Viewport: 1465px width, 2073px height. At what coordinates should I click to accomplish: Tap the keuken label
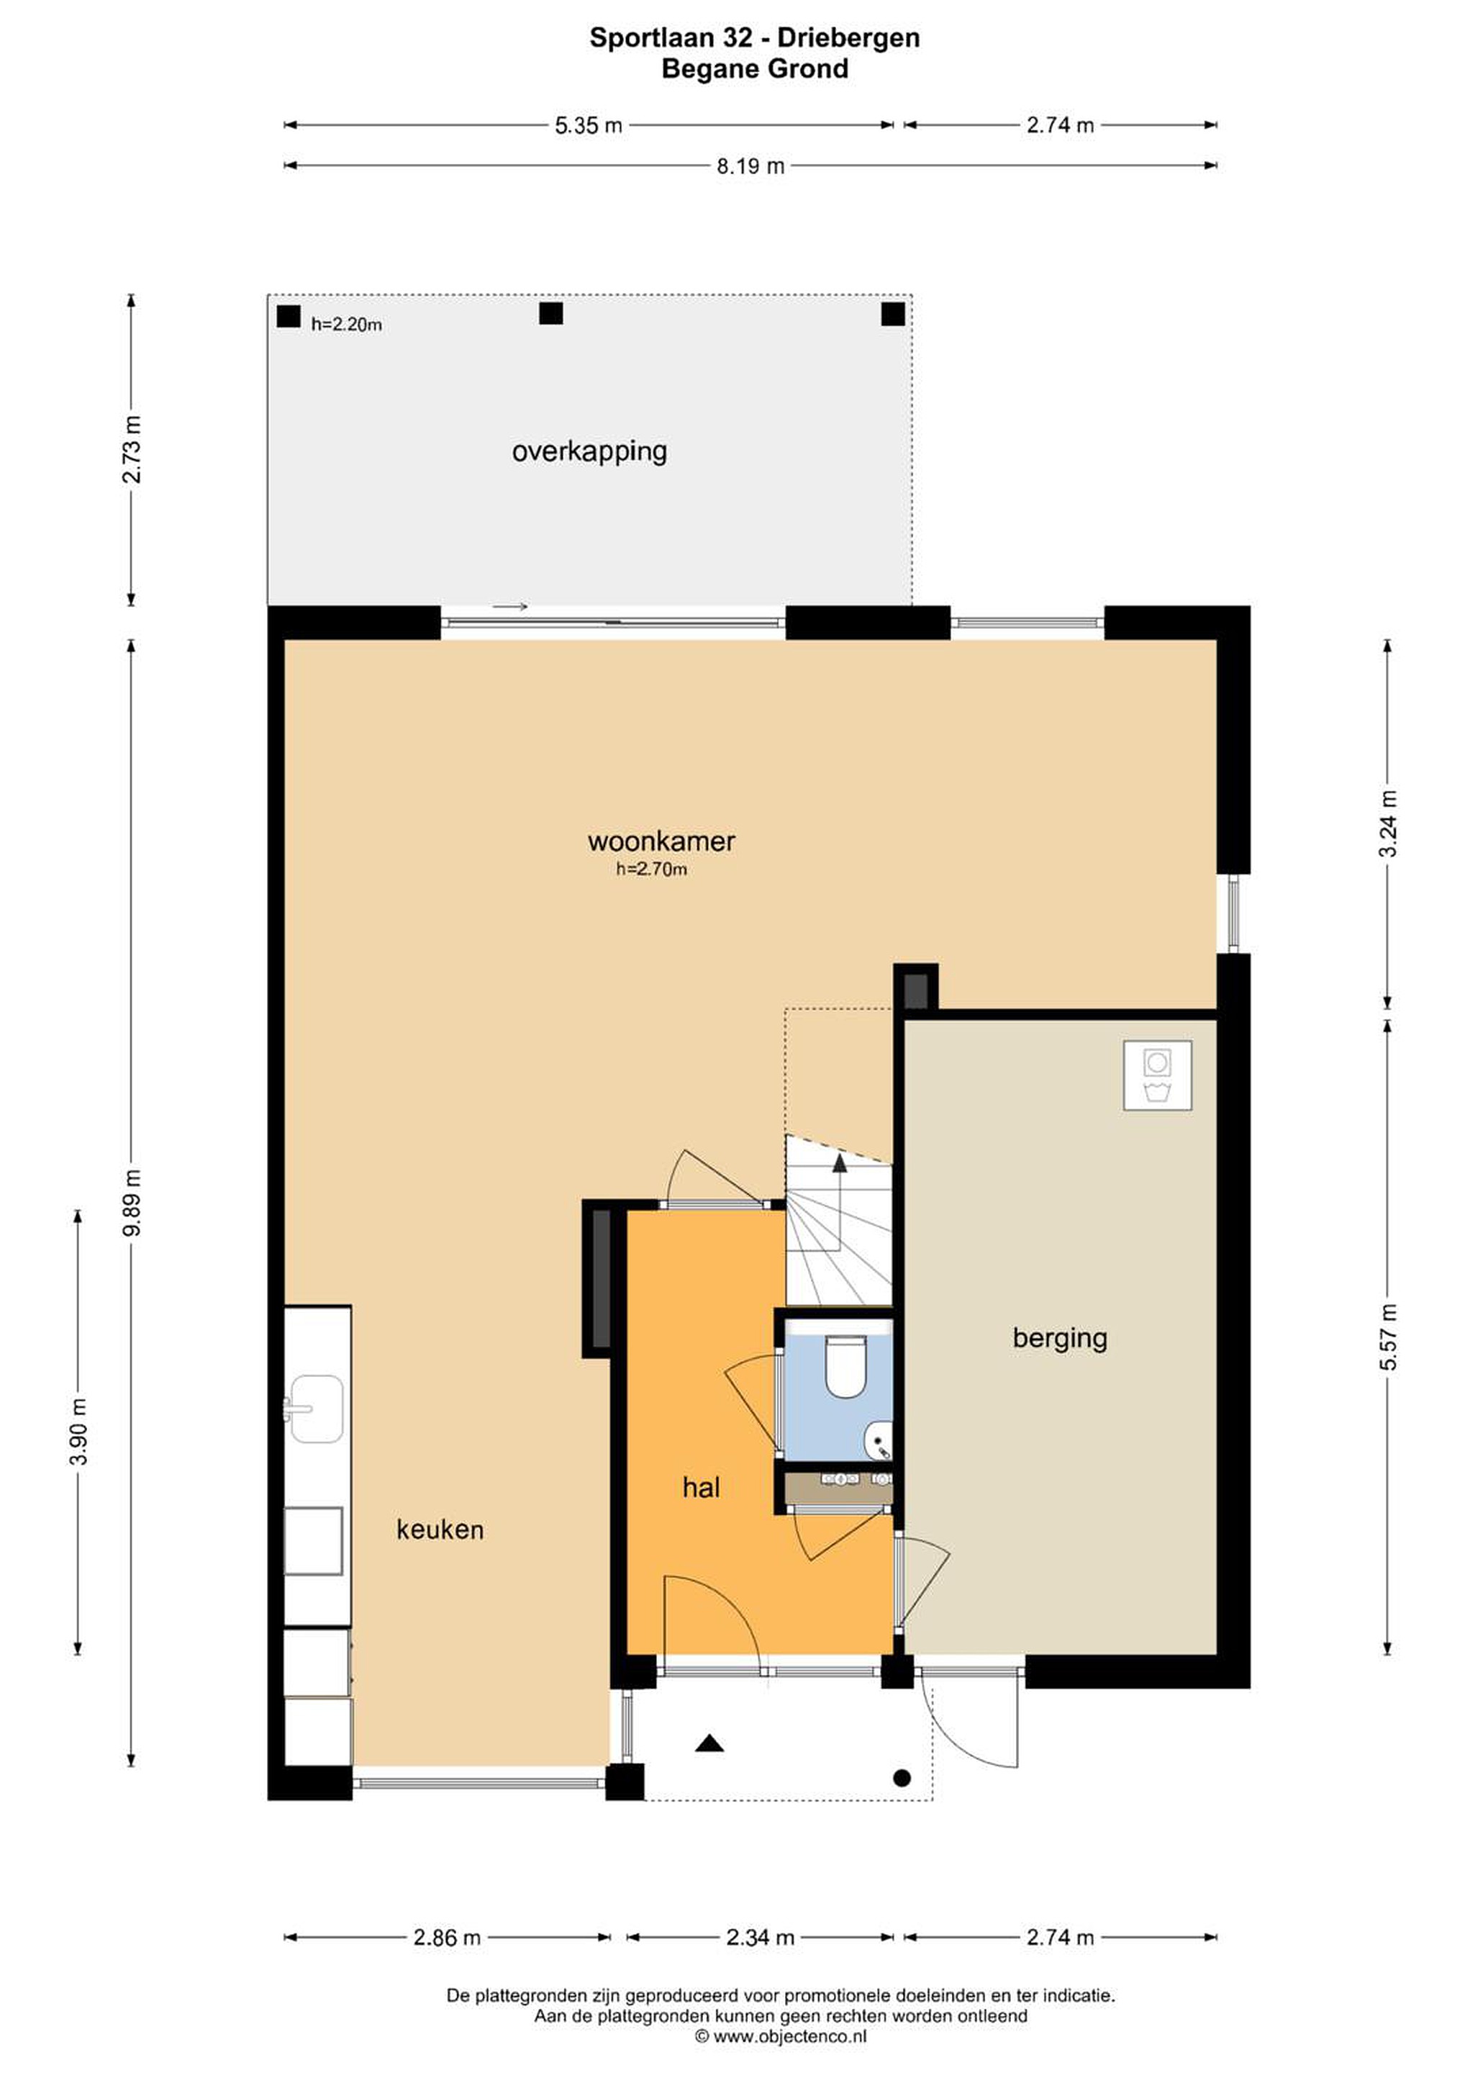tap(440, 1530)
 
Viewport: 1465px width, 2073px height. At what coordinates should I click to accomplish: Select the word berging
tap(1060, 1338)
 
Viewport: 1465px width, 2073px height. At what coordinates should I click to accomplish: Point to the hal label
tap(702, 1487)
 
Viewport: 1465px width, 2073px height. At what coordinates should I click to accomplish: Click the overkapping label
tap(589, 451)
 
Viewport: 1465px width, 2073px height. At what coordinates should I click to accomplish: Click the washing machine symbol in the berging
tap(1157, 1075)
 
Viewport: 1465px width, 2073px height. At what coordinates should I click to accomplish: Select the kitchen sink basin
tap(315, 1409)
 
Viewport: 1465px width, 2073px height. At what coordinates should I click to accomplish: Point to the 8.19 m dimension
tap(750, 166)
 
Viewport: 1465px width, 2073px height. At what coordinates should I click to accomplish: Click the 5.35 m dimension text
tap(589, 125)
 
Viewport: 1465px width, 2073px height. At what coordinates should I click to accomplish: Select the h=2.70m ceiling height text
tap(652, 870)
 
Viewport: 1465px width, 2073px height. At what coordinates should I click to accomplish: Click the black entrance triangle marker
tap(709, 1742)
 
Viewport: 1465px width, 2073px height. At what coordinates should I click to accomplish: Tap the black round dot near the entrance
tap(901, 1778)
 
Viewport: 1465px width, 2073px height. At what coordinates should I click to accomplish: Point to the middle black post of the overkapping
tap(550, 313)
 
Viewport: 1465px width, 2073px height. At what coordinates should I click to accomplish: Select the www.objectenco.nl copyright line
tap(781, 2036)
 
